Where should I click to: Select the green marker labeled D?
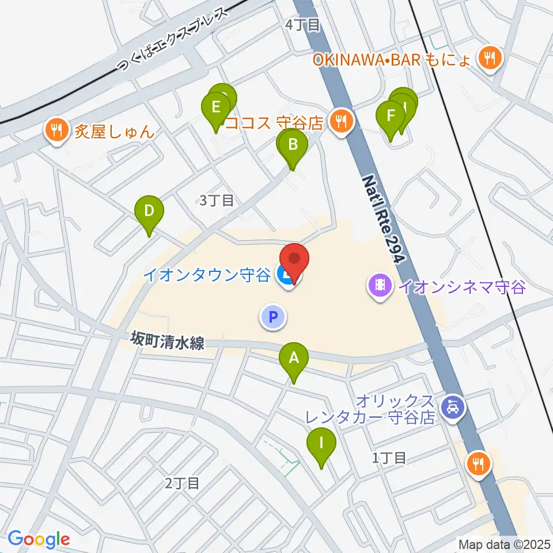149,211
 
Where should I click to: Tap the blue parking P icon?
273,316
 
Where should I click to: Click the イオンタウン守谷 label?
206,275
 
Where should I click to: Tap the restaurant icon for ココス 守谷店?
341,121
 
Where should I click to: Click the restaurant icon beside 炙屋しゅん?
56,130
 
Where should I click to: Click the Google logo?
39,540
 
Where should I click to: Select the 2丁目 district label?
182,483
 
